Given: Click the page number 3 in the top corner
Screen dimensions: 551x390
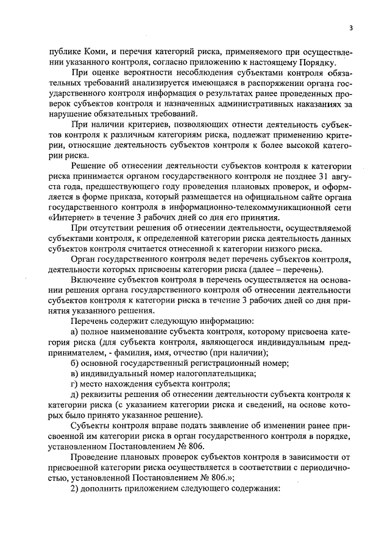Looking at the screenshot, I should click(x=352, y=27).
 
